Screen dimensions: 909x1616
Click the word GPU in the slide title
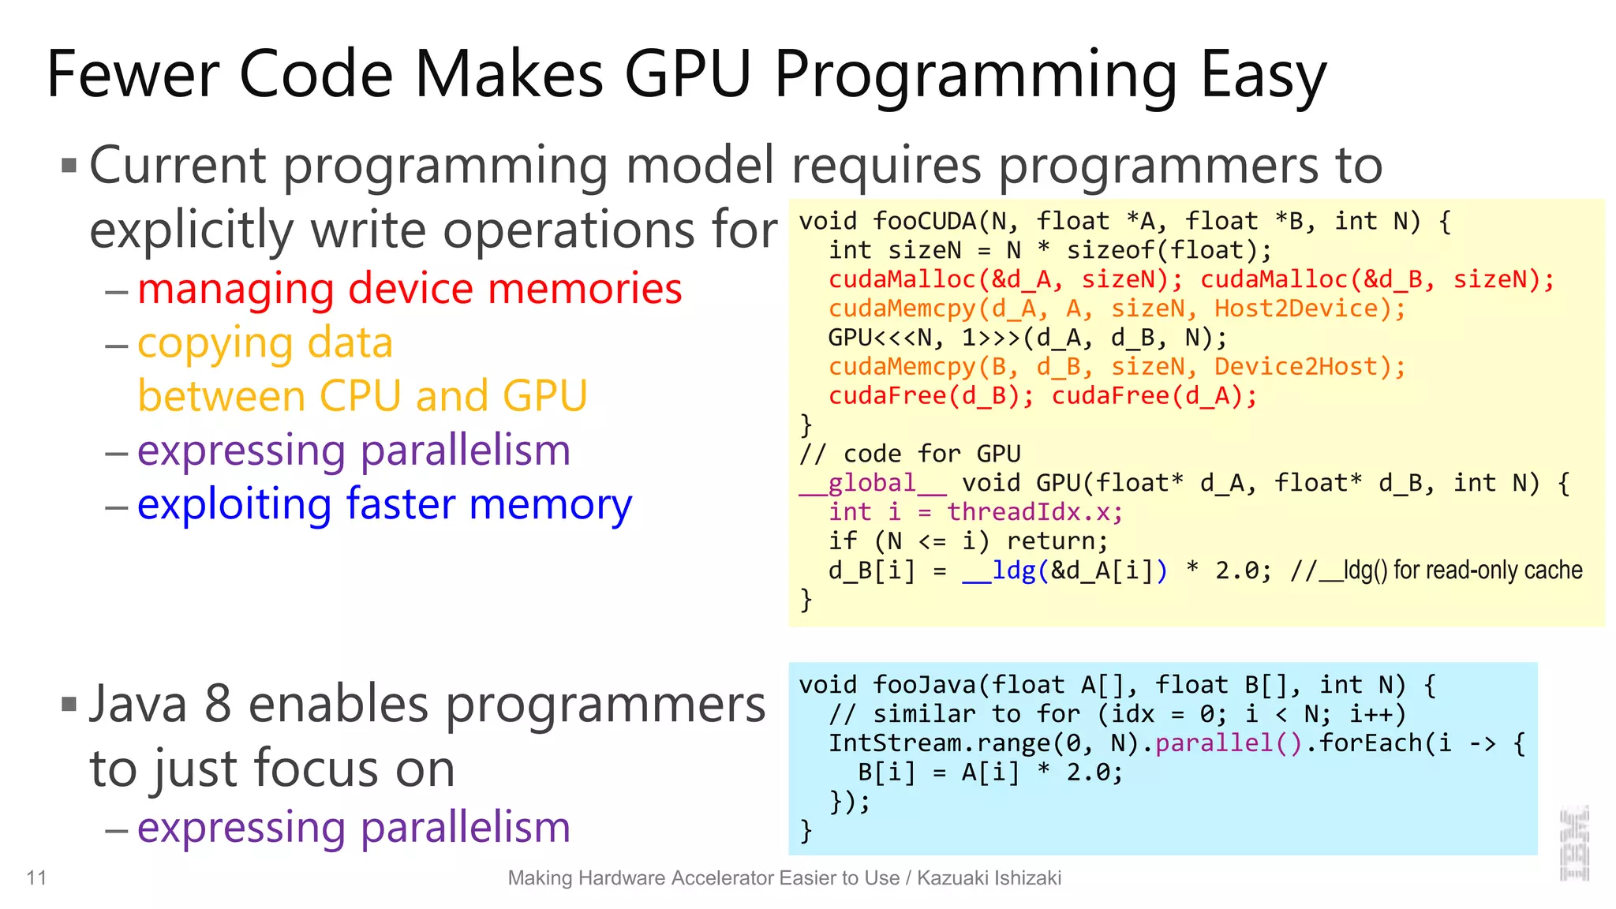pos(686,75)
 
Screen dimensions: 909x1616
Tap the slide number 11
pos(36,877)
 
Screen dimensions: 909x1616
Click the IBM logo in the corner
pos(1574,844)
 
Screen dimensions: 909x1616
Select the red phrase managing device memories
pos(409,289)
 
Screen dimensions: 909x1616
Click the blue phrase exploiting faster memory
pos(384,504)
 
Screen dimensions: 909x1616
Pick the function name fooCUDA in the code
pos(925,222)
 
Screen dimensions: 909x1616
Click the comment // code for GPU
pos(910,454)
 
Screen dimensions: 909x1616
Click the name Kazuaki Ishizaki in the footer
pos(989,878)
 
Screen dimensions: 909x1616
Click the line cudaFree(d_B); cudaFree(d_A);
pos(1042,395)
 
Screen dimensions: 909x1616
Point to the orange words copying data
pos(265,343)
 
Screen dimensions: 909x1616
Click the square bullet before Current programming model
pos(69,166)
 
